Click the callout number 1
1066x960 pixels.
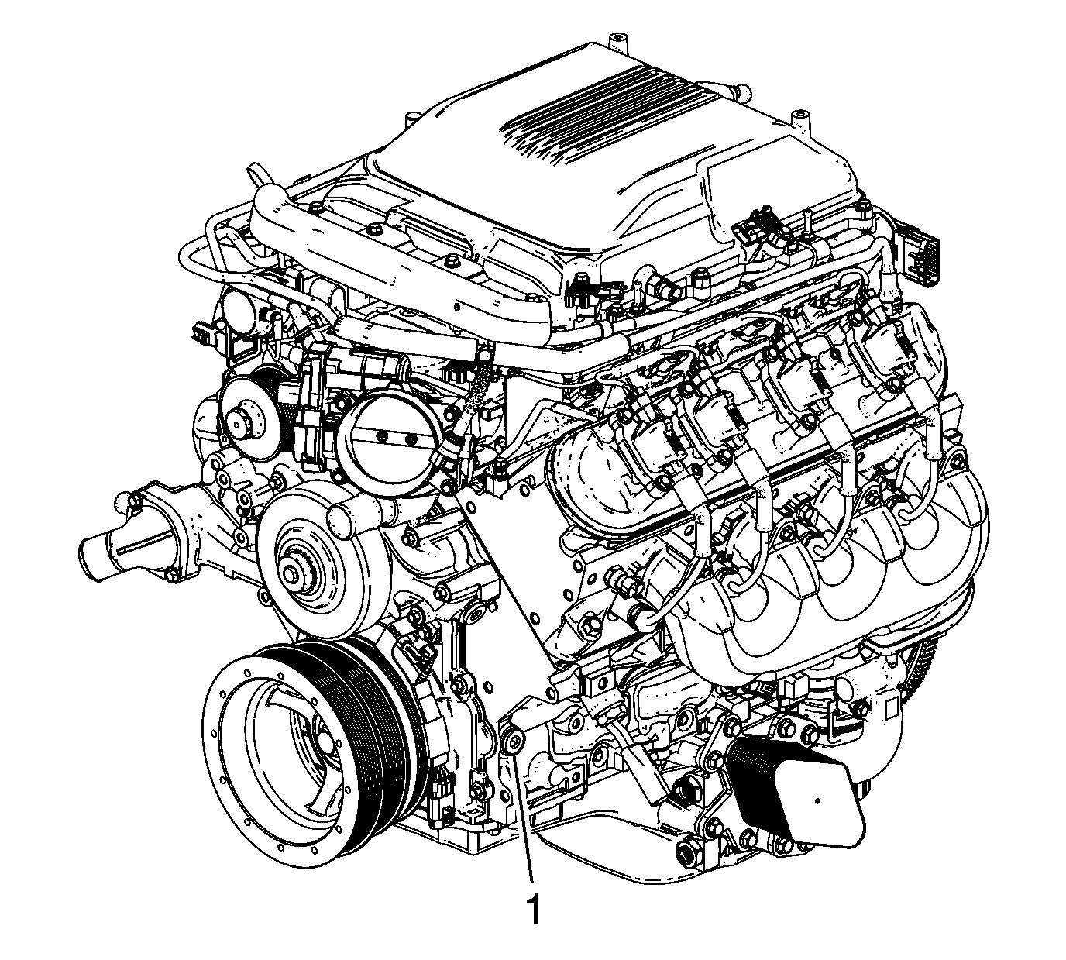coord(534,910)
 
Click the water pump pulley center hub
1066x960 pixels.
coord(293,574)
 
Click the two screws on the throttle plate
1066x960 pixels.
coord(396,439)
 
